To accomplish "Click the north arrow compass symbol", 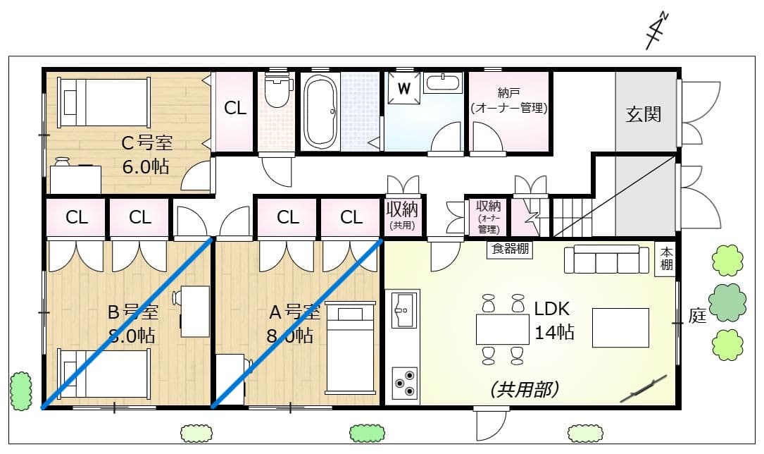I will click(658, 32).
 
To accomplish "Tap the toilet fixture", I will click(277, 91).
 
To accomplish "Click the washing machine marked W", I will click(403, 88).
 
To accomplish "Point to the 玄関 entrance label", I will click(644, 114).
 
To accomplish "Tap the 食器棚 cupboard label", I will click(509, 249).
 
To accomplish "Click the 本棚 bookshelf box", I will click(666, 259).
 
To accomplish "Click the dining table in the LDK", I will click(503, 329).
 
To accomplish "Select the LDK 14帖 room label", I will click(553, 320).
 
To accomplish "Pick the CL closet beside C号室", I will click(235, 109).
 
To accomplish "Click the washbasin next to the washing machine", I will click(443, 82).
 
